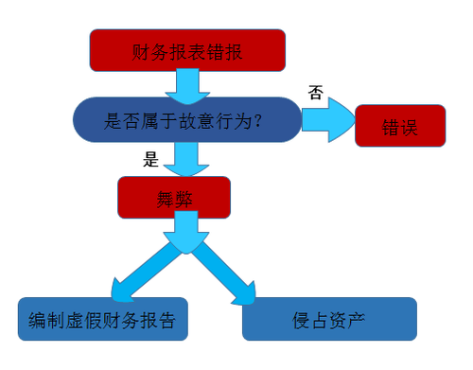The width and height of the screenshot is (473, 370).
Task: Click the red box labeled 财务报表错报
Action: click(x=187, y=49)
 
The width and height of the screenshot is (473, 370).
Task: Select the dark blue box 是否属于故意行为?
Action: click(x=186, y=120)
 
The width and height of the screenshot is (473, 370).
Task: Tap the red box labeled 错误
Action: click(x=399, y=125)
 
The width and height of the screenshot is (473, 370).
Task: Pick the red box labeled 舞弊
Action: click(x=174, y=198)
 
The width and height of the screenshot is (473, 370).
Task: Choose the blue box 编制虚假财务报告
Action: click(x=103, y=319)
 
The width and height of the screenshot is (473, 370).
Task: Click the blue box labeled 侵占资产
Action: click(x=329, y=319)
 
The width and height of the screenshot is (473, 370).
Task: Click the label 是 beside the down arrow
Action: click(x=150, y=159)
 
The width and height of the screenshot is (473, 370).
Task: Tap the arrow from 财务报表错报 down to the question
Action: click(x=185, y=85)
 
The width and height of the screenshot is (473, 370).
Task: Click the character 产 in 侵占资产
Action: click(x=357, y=319)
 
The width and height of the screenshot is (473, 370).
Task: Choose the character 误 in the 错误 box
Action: click(x=410, y=125)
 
